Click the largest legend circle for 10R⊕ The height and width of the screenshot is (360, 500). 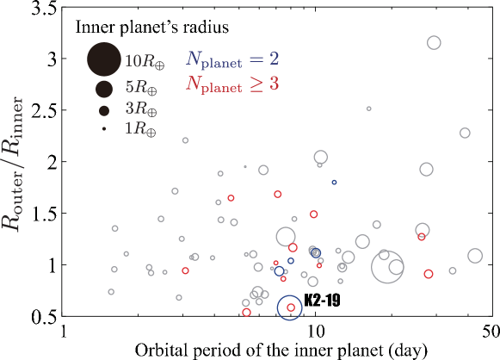(104, 60)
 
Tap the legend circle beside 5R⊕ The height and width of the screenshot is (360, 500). (104, 88)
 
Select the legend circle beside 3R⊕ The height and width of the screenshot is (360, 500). (104, 110)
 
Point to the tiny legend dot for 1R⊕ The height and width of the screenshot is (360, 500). (104, 129)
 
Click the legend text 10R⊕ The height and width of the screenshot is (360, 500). (141, 61)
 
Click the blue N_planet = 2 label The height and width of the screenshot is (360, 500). (232, 59)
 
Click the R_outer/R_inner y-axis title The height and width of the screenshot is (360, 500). (15, 163)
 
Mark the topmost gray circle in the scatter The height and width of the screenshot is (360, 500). (434, 42)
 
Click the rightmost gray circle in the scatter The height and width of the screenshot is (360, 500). (475, 256)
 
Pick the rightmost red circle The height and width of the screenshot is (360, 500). (429, 274)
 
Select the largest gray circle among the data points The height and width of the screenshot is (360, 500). (388, 266)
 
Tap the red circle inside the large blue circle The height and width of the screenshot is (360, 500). (291, 307)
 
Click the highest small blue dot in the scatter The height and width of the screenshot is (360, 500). (334, 182)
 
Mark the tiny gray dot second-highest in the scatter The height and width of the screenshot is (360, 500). (245, 167)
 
